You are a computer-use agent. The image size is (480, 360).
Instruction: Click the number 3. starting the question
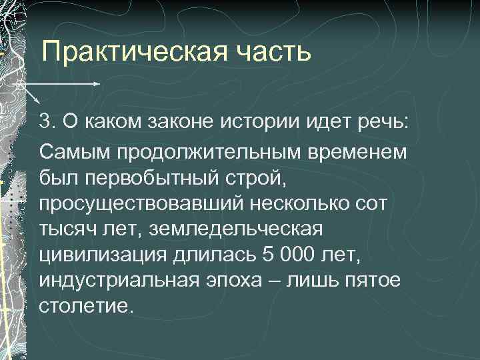coord(47,122)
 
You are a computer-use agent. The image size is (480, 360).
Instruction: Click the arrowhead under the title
coord(97,84)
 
